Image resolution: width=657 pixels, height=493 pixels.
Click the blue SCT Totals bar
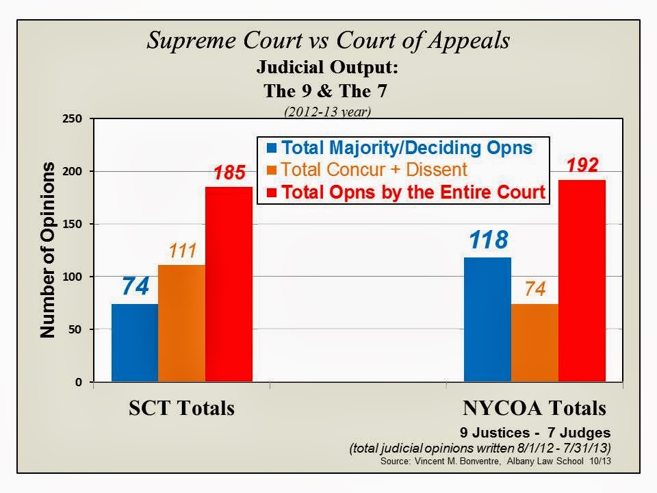135,342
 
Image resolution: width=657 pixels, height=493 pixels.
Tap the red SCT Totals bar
229,284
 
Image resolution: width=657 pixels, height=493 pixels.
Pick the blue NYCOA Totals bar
487,319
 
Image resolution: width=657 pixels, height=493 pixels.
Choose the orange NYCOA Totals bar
534,342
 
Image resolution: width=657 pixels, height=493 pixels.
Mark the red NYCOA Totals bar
582,281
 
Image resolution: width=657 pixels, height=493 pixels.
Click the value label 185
229,173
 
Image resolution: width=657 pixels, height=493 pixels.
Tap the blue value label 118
487,240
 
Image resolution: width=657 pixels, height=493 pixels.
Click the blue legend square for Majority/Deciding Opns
272,147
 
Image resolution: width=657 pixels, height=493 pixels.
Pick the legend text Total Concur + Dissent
363,170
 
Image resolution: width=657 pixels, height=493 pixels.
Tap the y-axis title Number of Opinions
47,251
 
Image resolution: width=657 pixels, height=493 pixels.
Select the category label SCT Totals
181,409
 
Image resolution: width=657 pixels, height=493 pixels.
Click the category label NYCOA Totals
534,409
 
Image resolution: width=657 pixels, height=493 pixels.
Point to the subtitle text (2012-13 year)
328,110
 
